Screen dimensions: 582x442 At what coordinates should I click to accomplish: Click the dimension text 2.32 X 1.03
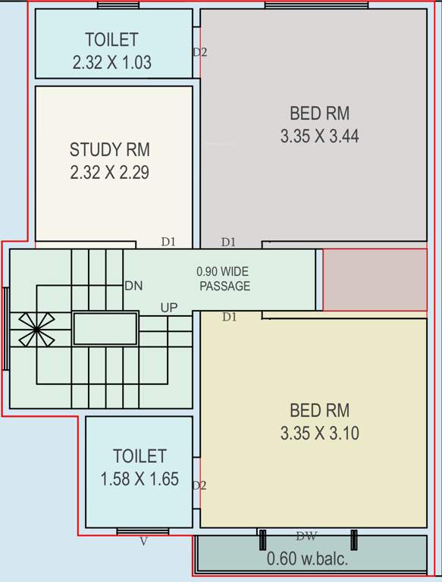click(111, 63)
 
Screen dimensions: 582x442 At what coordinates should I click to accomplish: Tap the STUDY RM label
click(109, 149)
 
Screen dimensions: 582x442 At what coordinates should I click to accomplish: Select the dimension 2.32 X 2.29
click(109, 173)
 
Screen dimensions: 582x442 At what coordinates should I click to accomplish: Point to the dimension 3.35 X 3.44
click(319, 137)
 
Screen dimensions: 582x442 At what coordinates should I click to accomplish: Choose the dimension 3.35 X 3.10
click(319, 434)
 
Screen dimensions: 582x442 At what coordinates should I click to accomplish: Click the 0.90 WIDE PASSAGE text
click(224, 279)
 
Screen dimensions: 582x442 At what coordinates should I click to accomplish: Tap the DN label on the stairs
click(133, 286)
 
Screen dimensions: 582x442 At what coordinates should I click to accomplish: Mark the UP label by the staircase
click(169, 308)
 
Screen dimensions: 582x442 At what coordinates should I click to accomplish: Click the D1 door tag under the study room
click(168, 242)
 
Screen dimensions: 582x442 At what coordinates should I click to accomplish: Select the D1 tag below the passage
click(229, 318)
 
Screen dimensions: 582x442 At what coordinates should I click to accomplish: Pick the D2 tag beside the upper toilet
click(199, 52)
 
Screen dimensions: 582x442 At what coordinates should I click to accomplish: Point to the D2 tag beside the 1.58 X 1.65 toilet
click(199, 485)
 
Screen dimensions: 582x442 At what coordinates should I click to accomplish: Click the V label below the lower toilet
click(143, 541)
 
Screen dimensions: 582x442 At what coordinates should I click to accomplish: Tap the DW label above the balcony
click(306, 537)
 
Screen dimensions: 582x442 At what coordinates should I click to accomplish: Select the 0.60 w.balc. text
click(307, 559)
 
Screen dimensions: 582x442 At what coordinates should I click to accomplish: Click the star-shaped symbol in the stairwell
click(33, 330)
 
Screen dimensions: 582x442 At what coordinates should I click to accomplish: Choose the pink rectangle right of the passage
click(375, 280)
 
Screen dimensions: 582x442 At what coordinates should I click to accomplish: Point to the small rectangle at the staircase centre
click(105, 329)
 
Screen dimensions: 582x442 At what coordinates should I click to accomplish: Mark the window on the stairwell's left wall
click(6, 328)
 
